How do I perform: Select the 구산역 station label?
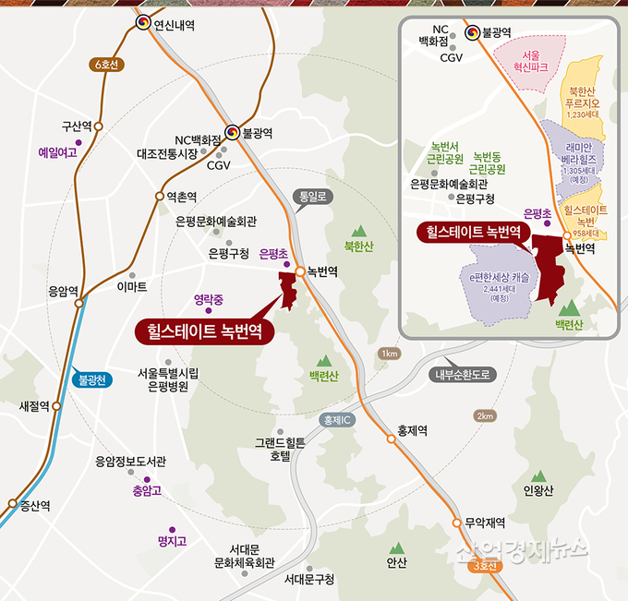[77, 126]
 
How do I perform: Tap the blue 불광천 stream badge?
[93, 379]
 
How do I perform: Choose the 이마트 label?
[132, 288]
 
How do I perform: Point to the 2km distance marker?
[485, 416]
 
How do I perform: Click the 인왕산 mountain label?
[537, 491]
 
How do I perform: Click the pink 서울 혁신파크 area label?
[530, 62]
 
